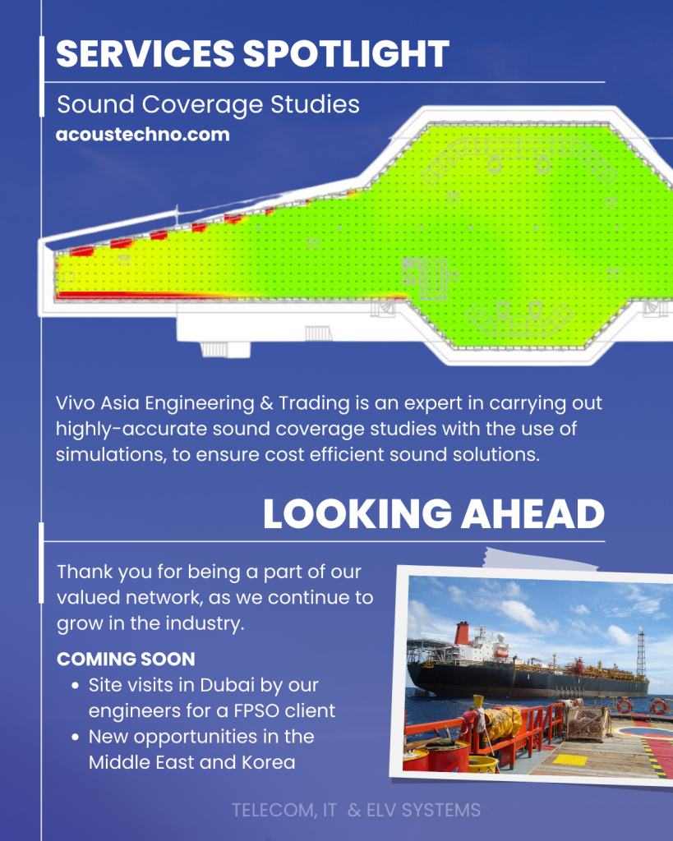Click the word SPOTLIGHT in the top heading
click(x=346, y=53)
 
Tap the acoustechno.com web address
click(x=143, y=134)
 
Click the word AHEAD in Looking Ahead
click(x=533, y=514)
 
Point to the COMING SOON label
click(x=126, y=659)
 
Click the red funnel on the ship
click(x=463, y=633)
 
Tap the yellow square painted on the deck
click(x=570, y=760)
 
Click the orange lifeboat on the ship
click(x=501, y=653)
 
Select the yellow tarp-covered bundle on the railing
click(x=502, y=723)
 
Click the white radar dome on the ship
click(x=500, y=637)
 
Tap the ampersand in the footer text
click(x=353, y=810)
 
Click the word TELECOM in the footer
click(x=274, y=810)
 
